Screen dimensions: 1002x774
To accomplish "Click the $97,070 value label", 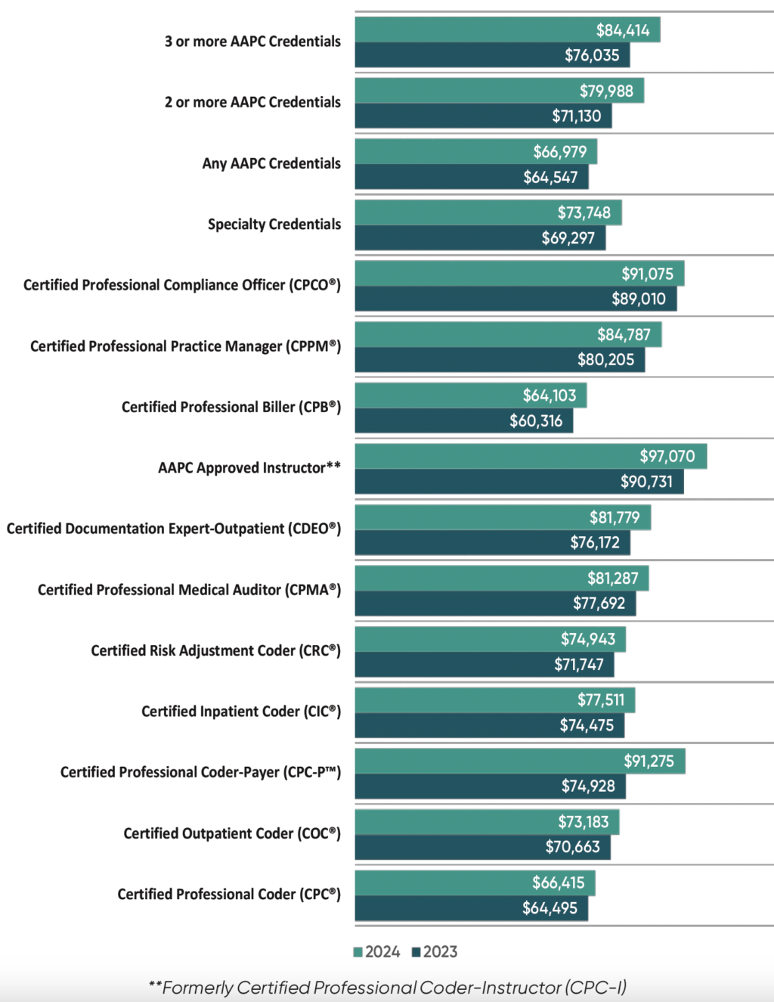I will click(x=667, y=456).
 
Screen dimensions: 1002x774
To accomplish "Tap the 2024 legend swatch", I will click(x=358, y=952).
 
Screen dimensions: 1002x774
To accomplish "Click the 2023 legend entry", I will click(x=435, y=952).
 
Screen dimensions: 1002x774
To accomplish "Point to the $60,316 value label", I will click(x=535, y=420).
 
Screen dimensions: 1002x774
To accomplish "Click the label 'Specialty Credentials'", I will click(x=274, y=224).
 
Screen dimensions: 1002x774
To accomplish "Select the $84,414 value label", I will click(x=622, y=30).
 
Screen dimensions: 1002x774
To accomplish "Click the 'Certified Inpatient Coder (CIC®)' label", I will click(x=241, y=711).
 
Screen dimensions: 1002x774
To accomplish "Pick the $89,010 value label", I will click(x=638, y=299).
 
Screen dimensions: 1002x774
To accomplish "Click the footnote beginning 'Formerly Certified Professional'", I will click(x=388, y=988).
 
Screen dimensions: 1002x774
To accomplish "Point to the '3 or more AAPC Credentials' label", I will click(x=252, y=42).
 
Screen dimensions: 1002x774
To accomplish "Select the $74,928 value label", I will click(x=587, y=786).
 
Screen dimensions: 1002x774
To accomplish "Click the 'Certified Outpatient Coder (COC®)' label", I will click(x=232, y=833).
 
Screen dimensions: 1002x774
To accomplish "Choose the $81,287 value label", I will click(x=612, y=579).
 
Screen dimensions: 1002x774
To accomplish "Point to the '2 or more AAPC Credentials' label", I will click(x=252, y=102).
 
